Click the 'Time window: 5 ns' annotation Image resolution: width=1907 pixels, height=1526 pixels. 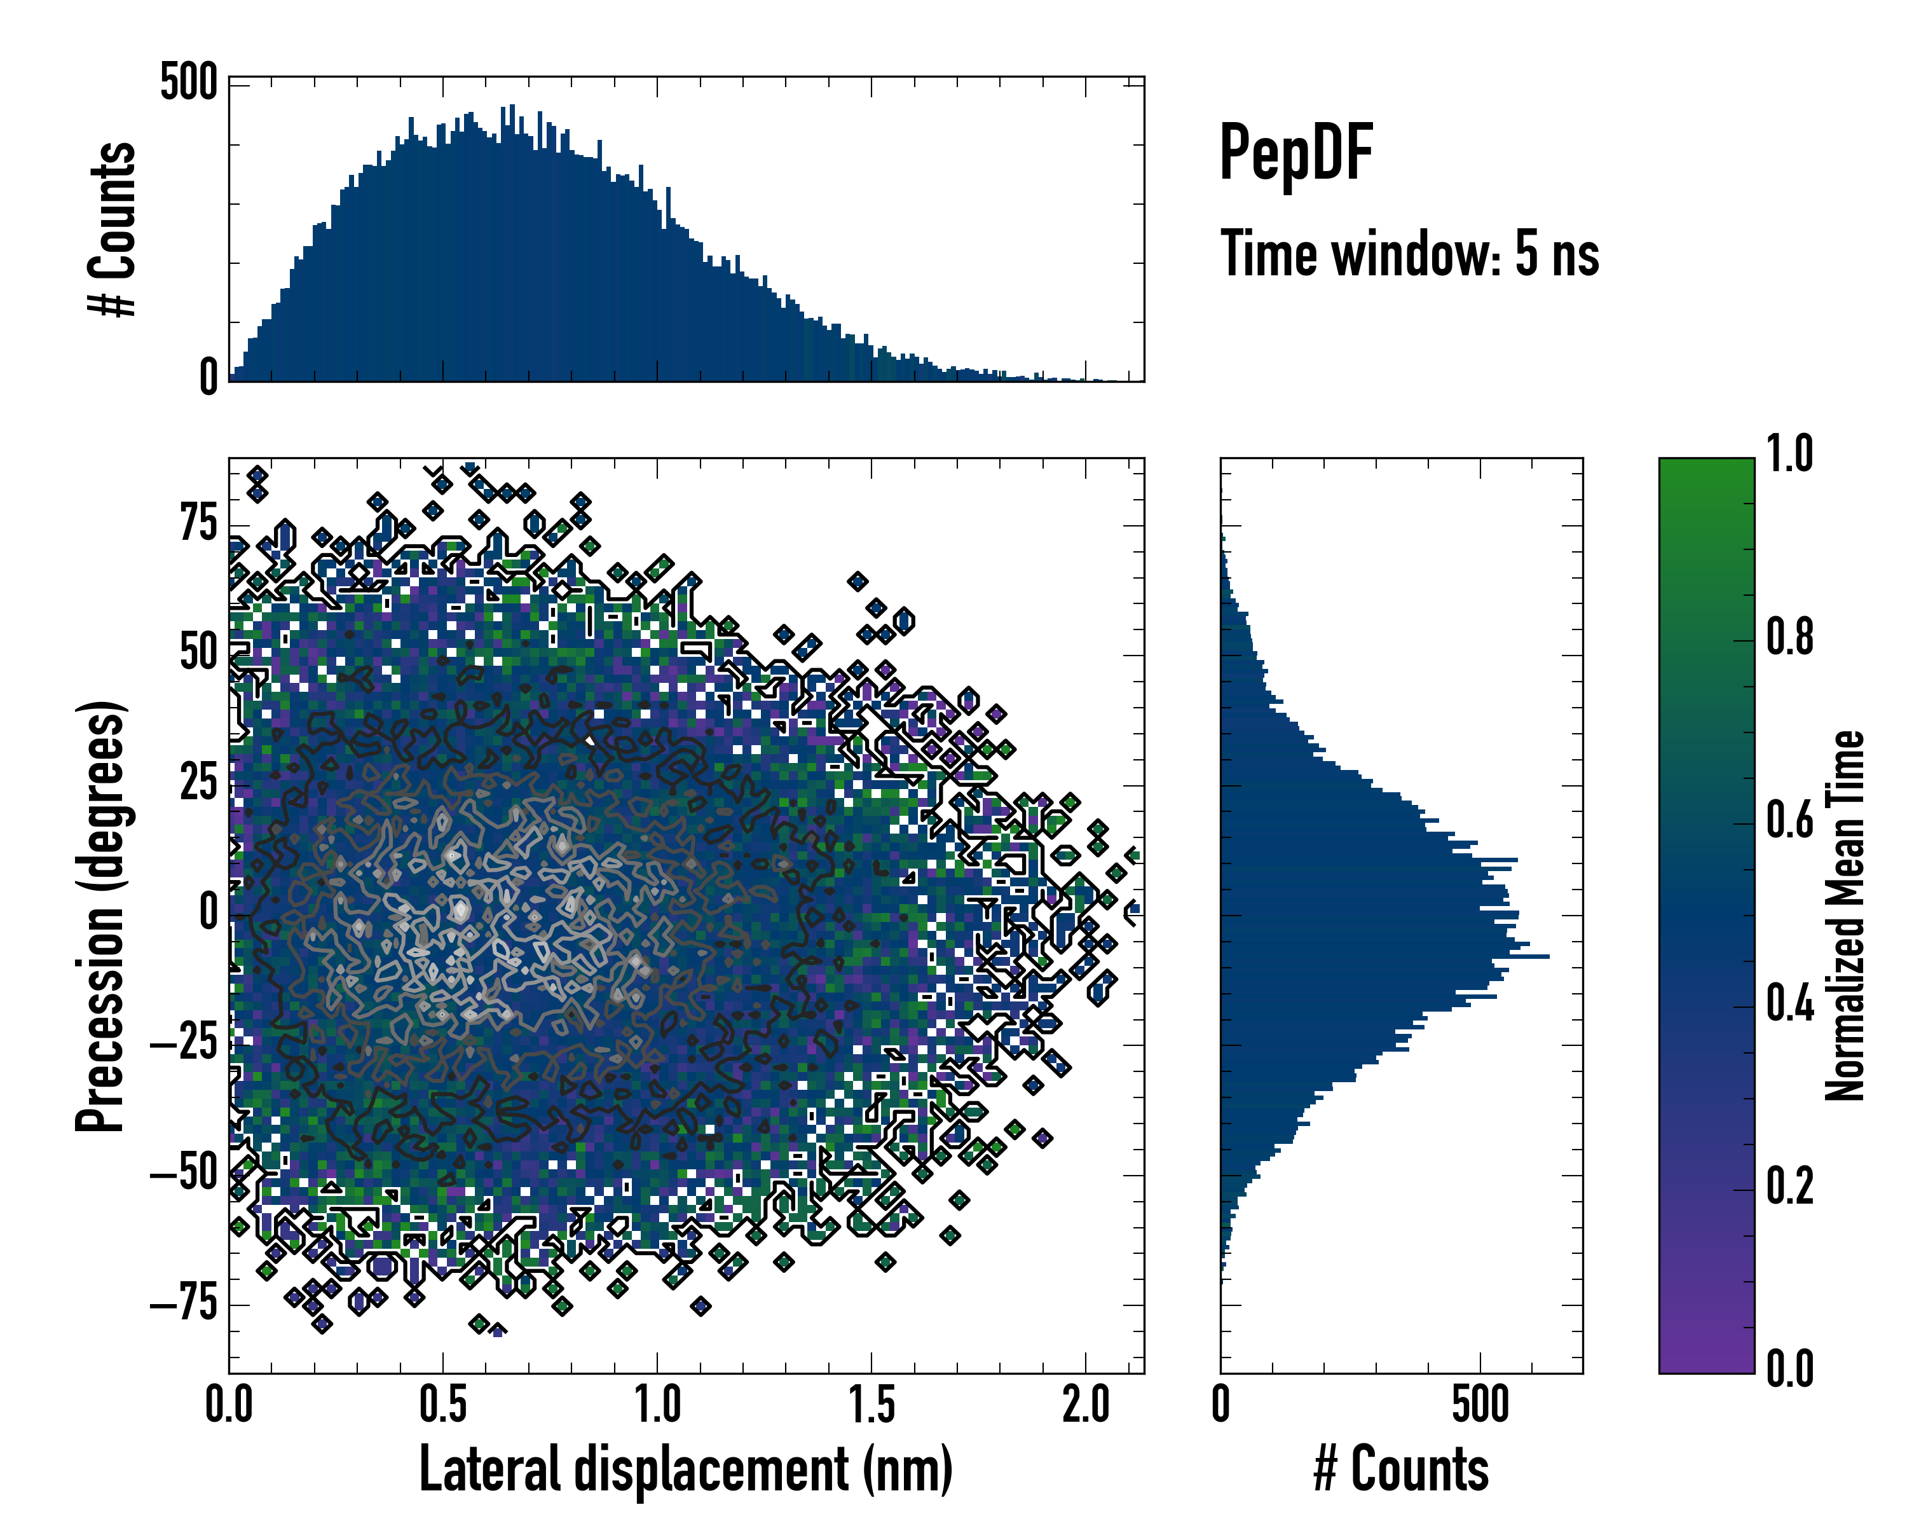(1410, 254)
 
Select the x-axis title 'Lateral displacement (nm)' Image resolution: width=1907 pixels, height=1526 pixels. (685, 1469)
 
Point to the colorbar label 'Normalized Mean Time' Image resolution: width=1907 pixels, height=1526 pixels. (1845, 916)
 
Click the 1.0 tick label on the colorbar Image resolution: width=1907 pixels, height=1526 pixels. (1789, 454)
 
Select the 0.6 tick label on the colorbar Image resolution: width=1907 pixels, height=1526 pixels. (1789, 820)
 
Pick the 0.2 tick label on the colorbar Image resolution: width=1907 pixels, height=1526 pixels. (1789, 1186)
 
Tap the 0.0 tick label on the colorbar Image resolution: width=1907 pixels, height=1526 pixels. (1789, 1368)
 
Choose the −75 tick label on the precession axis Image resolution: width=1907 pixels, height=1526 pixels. (184, 1304)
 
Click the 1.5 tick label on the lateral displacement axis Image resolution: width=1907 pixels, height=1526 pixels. (871, 1405)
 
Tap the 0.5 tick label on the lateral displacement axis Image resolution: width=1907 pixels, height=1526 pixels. (443, 1405)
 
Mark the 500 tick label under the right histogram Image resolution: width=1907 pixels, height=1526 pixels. (1480, 1405)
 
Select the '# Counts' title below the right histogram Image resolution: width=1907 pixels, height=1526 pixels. (1401, 1469)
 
